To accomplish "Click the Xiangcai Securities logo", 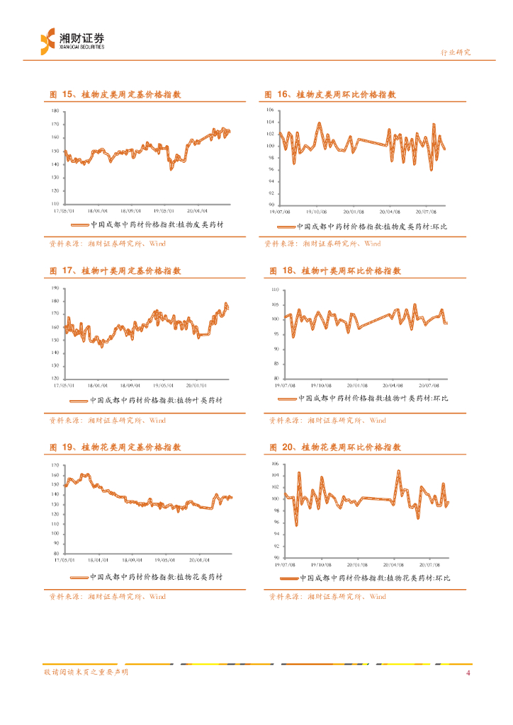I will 72,40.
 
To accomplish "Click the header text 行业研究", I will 456,53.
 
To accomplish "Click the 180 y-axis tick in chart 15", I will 56,111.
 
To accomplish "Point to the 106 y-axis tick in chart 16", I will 270,110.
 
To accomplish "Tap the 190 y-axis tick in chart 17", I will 56,288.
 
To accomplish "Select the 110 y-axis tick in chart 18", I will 276,290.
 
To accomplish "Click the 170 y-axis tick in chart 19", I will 56,465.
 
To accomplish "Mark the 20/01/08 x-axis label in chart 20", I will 359,564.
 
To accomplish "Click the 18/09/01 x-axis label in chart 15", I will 130,210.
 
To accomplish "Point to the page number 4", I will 468,673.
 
